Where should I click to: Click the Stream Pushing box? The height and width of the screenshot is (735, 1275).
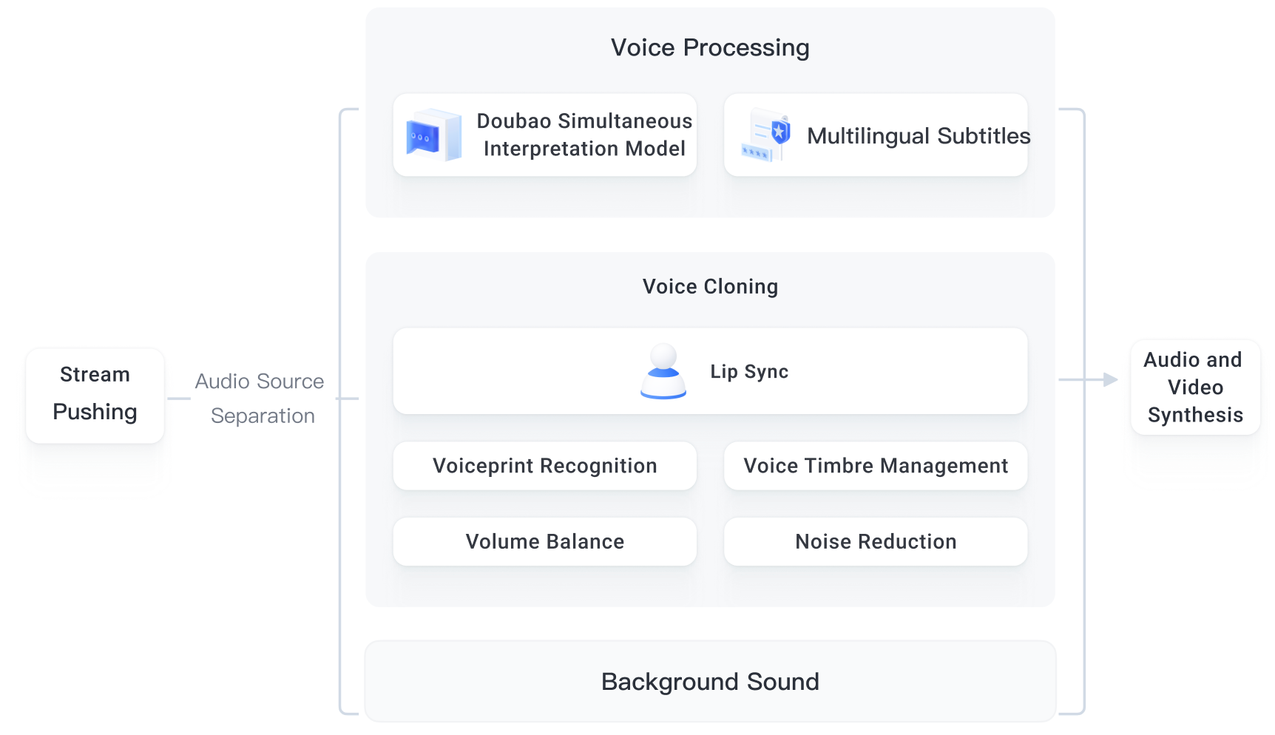[x=95, y=396]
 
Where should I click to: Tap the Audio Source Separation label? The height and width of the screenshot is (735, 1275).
[x=260, y=399]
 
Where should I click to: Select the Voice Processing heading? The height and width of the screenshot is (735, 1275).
[x=710, y=47]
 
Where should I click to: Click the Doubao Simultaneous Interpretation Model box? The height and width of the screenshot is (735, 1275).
[x=545, y=135]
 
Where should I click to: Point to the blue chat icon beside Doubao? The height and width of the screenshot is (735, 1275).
[x=434, y=135]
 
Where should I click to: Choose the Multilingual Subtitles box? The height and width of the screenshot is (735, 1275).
[x=876, y=135]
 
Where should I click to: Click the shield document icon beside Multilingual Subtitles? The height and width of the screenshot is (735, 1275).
[x=766, y=135]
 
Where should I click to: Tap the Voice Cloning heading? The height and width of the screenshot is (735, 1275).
[x=710, y=287]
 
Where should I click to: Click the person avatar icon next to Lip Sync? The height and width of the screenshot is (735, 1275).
[x=663, y=371]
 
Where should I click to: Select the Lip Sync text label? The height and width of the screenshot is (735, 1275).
[x=749, y=371]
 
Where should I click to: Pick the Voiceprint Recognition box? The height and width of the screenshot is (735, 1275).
[x=545, y=466]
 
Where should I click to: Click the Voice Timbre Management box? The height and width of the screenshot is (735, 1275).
[x=876, y=466]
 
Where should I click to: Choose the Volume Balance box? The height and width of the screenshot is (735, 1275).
[x=545, y=541]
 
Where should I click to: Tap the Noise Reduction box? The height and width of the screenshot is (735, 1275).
[x=876, y=541]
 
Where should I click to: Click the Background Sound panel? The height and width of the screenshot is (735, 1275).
[x=710, y=681]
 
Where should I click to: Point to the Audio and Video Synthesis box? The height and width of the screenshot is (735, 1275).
[x=1195, y=387]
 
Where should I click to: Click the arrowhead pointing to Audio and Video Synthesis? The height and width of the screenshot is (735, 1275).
[x=1111, y=379]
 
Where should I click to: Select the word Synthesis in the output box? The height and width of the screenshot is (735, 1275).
[x=1195, y=415]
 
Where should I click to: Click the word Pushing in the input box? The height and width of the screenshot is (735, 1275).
[x=95, y=412]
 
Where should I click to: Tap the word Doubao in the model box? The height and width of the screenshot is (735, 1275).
[x=514, y=121]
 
